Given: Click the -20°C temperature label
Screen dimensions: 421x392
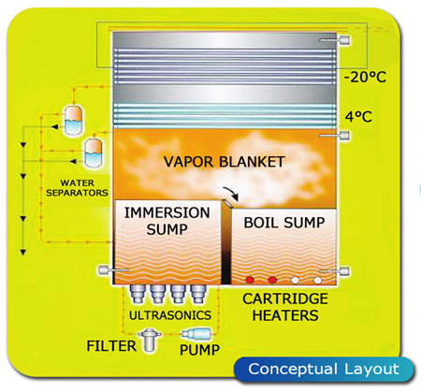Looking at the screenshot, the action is click(x=365, y=77).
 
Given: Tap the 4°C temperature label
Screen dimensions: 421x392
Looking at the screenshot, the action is click(x=358, y=117).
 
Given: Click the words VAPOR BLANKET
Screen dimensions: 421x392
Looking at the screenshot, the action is click(x=225, y=162).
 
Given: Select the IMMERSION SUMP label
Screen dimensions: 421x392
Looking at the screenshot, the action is click(x=167, y=221).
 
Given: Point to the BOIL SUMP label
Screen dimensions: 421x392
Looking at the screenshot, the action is click(x=284, y=223).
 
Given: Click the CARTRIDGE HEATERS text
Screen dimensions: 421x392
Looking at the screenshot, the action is click(x=285, y=307).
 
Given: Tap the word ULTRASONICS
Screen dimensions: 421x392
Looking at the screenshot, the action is click(x=170, y=315).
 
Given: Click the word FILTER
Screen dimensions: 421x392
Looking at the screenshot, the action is click(x=111, y=346).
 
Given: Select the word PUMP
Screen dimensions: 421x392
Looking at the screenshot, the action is click(x=200, y=350).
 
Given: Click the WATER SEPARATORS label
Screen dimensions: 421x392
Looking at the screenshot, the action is click(x=77, y=188).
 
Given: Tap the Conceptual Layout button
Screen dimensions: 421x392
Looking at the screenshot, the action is click(x=324, y=370).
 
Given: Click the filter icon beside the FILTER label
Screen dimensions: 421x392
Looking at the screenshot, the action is click(x=150, y=340).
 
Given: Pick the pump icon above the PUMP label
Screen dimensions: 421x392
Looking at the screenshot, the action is click(x=196, y=334).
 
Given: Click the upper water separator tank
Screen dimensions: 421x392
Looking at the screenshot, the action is click(x=73, y=121).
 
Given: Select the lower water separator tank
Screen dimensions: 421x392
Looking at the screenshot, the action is click(x=94, y=152).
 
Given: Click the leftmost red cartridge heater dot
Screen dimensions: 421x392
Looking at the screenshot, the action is click(x=249, y=280).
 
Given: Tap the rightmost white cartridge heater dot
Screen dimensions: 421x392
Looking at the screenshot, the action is click(x=317, y=280).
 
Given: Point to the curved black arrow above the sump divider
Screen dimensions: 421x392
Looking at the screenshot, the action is click(x=231, y=193).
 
